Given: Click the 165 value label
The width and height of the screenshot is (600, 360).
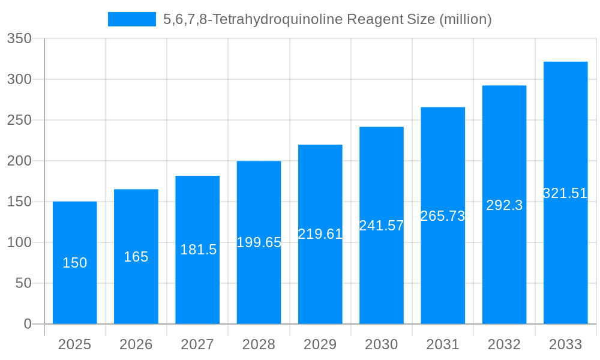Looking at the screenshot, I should click(x=136, y=257).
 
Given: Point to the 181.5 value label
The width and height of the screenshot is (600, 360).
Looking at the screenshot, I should click(x=198, y=250).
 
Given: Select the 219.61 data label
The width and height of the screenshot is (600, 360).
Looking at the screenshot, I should click(x=320, y=234).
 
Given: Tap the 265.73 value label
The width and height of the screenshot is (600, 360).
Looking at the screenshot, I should click(x=443, y=216).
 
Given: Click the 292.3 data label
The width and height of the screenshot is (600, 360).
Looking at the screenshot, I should click(x=504, y=205).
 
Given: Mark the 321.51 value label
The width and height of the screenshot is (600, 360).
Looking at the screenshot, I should click(x=565, y=193).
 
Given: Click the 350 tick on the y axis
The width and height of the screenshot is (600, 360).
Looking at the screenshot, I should click(x=19, y=38).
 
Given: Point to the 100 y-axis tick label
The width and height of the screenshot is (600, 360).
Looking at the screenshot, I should click(x=19, y=242).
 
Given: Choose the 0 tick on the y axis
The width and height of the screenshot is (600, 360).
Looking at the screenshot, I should click(x=27, y=324).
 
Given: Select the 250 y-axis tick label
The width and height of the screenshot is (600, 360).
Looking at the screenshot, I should click(x=19, y=120).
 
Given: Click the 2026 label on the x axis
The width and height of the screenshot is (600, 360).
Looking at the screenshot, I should click(x=136, y=344).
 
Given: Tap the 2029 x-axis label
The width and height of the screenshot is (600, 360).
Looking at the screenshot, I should click(x=320, y=344).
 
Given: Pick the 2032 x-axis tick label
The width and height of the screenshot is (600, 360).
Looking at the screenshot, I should click(x=504, y=344).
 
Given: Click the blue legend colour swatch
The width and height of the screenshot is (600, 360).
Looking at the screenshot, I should click(x=132, y=19).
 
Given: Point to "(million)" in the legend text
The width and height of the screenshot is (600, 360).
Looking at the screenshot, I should click(x=466, y=19).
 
